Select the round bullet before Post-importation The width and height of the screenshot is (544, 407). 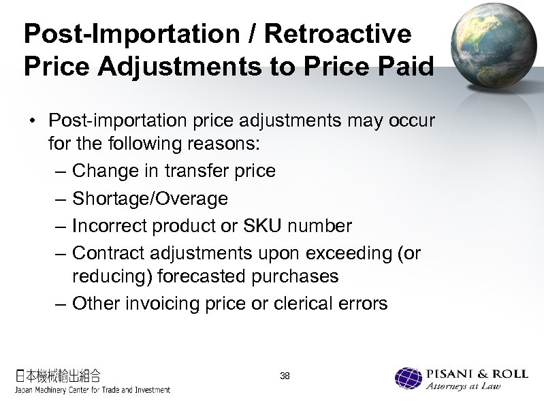click(32, 121)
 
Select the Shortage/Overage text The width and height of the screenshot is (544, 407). click(150, 199)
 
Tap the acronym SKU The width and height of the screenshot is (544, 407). click(266, 225)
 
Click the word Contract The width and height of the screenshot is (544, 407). click(110, 253)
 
